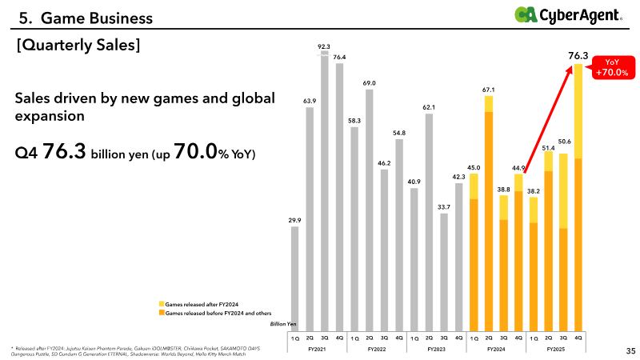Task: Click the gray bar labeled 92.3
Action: (x=325, y=192)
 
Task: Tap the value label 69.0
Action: (x=369, y=82)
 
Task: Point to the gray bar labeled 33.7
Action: (x=444, y=271)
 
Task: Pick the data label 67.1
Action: (x=488, y=90)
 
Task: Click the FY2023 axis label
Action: (x=436, y=350)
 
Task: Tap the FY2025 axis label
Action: (x=556, y=350)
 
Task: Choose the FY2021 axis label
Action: (x=317, y=350)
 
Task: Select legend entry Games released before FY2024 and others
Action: (x=216, y=313)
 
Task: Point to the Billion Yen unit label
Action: (x=281, y=324)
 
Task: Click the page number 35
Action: (x=630, y=350)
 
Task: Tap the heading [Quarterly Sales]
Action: (x=78, y=46)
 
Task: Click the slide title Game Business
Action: (x=80, y=15)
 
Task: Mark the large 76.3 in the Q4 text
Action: (x=64, y=151)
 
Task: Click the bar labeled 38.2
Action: (x=534, y=263)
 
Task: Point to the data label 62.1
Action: (x=429, y=106)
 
